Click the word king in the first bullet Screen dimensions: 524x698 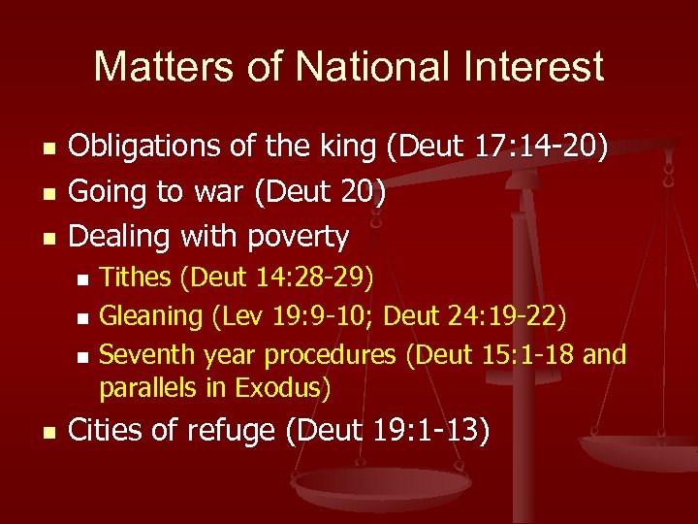343,148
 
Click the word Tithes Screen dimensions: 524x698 136,279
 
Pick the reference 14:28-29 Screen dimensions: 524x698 315,279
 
